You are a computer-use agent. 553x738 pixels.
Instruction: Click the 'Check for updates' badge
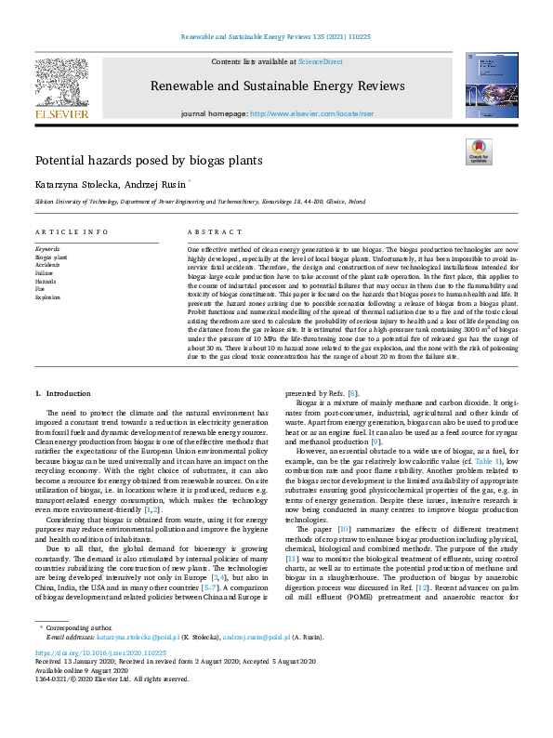pos(478,152)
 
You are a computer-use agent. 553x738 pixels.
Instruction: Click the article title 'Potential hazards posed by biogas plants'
pos(136,160)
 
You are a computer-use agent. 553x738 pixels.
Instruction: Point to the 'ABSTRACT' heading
pos(209,231)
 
